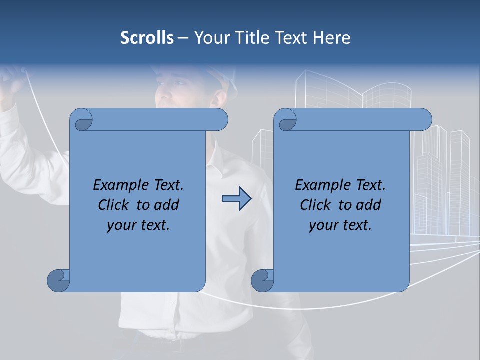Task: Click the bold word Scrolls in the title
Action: (x=147, y=38)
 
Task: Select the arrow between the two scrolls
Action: (x=236, y=199)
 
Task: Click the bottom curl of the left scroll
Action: (x=58, y=280)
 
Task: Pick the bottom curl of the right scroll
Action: (x=262, y=280)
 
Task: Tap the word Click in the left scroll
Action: (x=114, y=205)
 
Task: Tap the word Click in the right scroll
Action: (x=316, y=205)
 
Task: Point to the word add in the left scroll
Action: (x=166, y=205)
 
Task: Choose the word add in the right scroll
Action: (x=368, y=205)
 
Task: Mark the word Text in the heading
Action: (x=291, y=38)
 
